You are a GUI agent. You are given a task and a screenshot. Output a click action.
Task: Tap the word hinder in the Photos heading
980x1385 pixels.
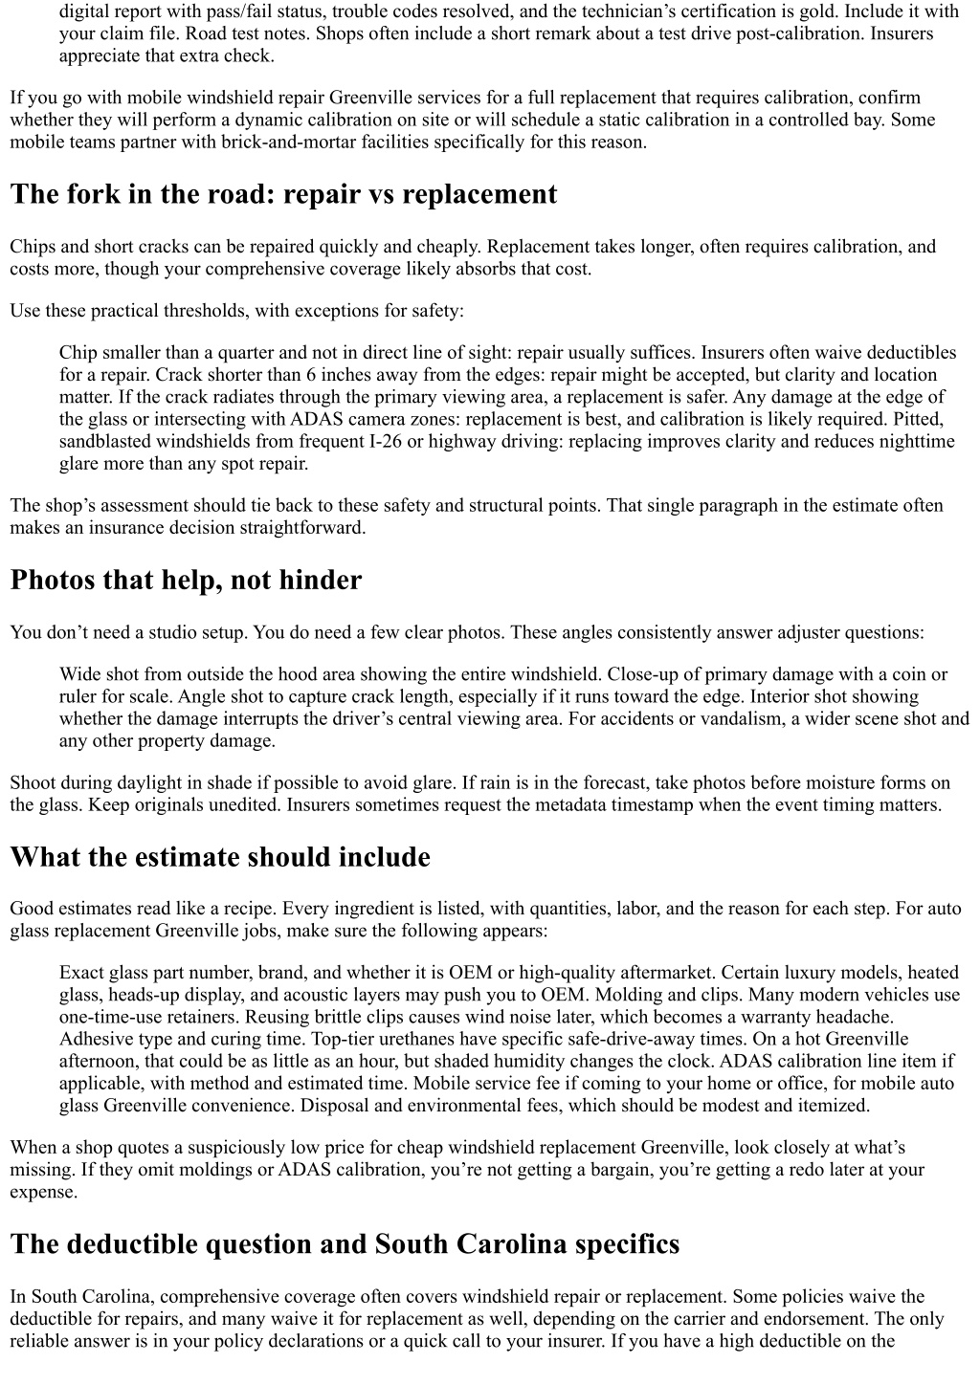(x=320, y=581)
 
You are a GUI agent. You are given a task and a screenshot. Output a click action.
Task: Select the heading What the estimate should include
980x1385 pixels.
(x=220, y=857)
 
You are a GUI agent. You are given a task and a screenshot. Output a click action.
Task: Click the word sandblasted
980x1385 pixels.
(x=105, y=442)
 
